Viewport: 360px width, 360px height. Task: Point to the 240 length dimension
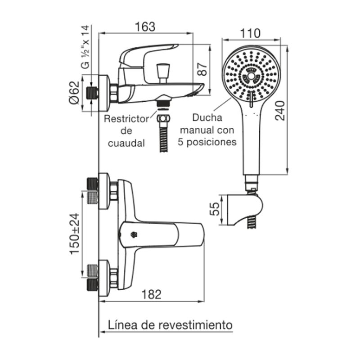[x=280, y=109]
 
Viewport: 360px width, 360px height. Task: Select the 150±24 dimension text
[x=75, y=234]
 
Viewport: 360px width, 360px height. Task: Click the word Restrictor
[x=126, y=120]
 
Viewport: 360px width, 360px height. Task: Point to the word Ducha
[x=207, y=118]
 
